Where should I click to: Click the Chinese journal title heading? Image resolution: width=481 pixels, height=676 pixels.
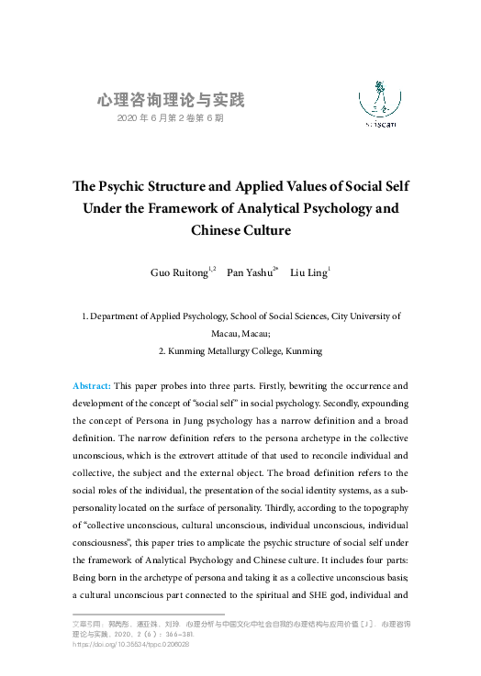pyautogui.click(x=171, y=100)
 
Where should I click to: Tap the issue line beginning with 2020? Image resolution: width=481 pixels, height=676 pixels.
pyautogui.click(x=171, y=119)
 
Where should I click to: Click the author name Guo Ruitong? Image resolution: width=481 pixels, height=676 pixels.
pyautogui.click(x=180, y=273)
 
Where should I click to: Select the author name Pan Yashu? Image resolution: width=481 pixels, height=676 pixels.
pyautogui.click(x=249, y=273)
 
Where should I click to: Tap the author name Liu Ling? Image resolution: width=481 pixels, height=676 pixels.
pyautogui.click(x=308, y=273)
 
